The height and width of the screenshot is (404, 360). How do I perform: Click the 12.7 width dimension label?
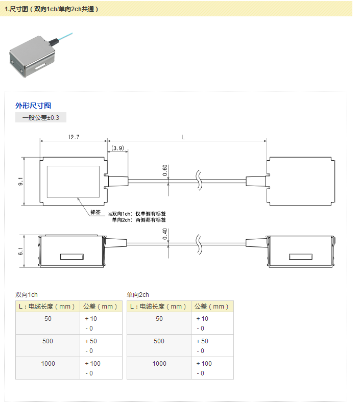point(73,137)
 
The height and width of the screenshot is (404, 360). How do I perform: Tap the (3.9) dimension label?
point(117,148)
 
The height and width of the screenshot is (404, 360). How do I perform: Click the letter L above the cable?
point(183,137)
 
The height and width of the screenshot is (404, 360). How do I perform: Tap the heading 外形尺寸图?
point(33,106)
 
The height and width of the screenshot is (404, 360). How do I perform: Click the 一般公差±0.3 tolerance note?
point(41,117)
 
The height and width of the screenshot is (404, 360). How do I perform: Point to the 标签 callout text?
point(95,213)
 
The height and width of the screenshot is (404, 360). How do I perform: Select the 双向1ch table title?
point(27,294)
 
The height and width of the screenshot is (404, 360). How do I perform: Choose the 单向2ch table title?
point(138,294)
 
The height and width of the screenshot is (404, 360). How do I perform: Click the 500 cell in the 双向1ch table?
point(47,341)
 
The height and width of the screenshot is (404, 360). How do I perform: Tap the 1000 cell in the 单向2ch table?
point(159,363)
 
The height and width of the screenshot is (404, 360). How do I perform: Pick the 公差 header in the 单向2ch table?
point(212,306)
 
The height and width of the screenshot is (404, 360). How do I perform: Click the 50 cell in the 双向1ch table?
point(47,318)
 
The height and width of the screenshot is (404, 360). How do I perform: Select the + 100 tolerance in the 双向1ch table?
point(92,363)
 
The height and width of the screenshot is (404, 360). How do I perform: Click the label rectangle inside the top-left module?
point(74,182)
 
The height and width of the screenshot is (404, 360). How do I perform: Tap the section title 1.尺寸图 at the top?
point(51,9)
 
